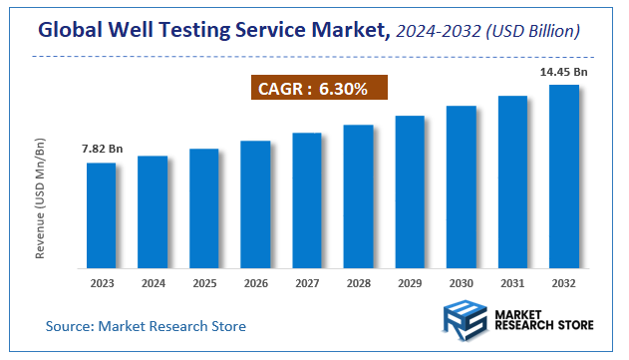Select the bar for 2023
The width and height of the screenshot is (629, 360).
101,215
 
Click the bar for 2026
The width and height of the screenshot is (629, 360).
255,204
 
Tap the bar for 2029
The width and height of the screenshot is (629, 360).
410,192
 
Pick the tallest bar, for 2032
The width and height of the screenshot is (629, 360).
564,177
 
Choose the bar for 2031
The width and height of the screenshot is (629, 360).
512,182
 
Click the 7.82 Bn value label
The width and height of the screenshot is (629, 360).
101,150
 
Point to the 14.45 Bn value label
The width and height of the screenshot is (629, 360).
564,72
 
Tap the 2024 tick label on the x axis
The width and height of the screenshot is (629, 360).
153,283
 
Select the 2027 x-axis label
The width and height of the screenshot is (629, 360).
307,283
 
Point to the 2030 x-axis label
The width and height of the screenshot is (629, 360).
461,283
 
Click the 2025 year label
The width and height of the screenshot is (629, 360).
204,283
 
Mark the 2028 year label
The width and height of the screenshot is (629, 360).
358,283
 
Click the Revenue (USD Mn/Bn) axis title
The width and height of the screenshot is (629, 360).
41,199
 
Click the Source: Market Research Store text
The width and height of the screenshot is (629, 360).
146,326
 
